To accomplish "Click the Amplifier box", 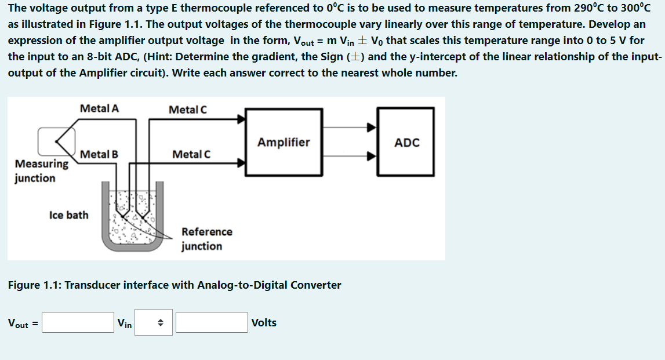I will [x=283, y=142].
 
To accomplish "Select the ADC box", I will [x=406, y=142].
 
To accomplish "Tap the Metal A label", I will [x=99, y=108].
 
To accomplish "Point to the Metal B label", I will [x=99, y=154].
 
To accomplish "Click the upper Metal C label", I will [x=187, y=110].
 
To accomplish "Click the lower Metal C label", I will [x=191, y=154].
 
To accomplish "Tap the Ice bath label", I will [x=69, y=215].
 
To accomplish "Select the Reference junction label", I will [x=206, y=239].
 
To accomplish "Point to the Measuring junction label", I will [x=41, y=171].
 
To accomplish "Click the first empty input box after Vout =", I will [x=78, y=323].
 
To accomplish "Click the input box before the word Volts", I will [x=212, y=323].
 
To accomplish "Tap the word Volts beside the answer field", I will [x=264, y=323].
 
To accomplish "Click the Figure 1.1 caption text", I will [x=174, y=285].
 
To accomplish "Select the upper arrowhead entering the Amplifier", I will [x=240, y=119].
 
